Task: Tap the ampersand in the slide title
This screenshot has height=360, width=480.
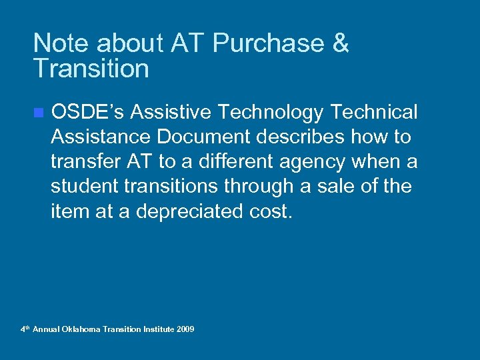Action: tap(339, 43)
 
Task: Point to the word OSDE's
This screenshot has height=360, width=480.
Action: tap(88, 112)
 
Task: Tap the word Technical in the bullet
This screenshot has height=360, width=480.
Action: tap(376, 112)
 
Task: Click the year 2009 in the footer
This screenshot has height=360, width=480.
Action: tap(185, 329)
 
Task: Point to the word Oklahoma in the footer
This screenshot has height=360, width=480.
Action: tap(81, 329)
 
